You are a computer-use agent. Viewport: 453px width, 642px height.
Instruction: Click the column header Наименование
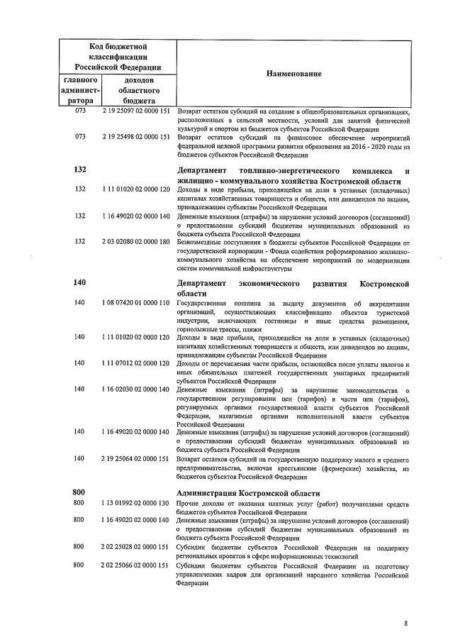pyautogui.click(x=293, y=74)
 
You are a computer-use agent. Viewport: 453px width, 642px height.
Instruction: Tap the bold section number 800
pyautogui.click(x=79, y=492)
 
